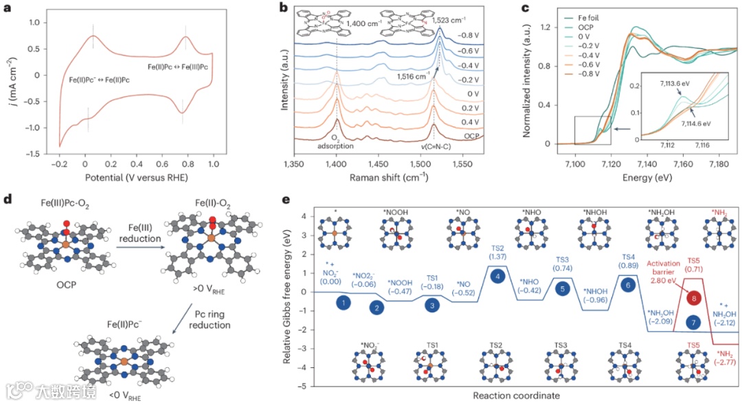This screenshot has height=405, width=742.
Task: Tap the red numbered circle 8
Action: tap(695, 299)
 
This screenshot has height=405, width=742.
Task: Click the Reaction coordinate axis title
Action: tap(515, 395)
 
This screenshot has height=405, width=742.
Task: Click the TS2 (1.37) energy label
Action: tap(497, 251)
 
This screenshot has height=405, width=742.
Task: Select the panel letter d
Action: tap(7, 200)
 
